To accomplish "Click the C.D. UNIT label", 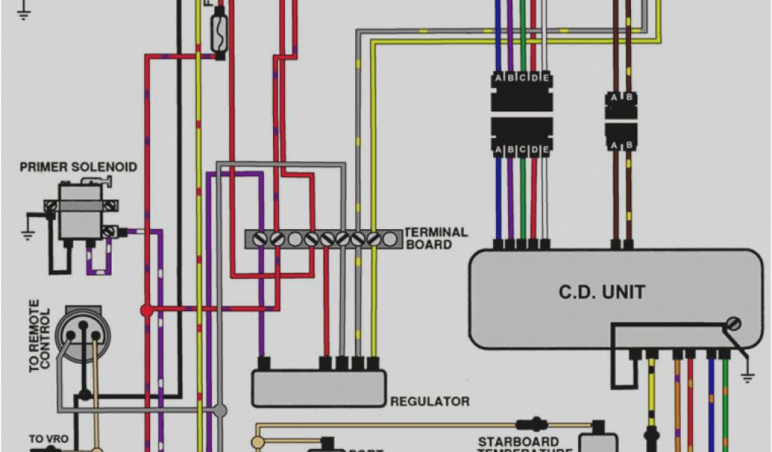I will pyautogui.click(x=602, y=292).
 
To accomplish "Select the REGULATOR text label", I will pyautogui.click(x=430, y=402).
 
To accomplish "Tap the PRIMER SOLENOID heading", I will pyautogui.click(x=78, y=166).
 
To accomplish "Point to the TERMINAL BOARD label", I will pyautogui.click(x=436, y=238).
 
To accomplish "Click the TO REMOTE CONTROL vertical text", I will pyautogui.click(x=39, y=340).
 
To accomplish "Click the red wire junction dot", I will pyautogui.click(x=146, y=310).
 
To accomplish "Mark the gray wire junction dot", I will pyautogui.click(x=220, y=410).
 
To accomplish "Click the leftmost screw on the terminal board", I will pyautogui.click(x=261, y=239).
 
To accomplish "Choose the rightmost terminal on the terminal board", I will pyautogui.click(x=390, y=239).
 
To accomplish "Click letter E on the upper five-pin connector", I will pyautogui.click(x=545, y=78).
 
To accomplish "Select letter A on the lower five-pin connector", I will pyautogui.click(x=498, y=150).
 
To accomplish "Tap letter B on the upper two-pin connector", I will pyautogui.click(x=630, y=98).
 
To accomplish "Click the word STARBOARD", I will pyautogui.click(x=507, y=441).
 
